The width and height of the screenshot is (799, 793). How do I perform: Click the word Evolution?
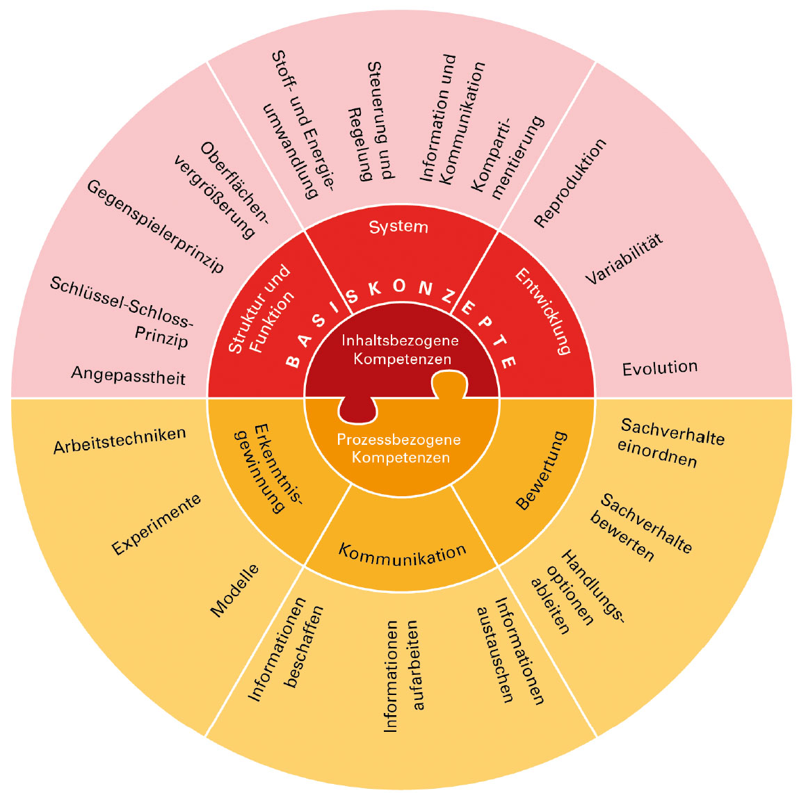pos(659,368)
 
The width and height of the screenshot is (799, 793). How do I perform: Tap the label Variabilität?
pos(624,259)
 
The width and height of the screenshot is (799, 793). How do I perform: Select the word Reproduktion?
pos(570,183)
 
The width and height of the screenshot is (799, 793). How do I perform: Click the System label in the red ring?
pos(398,227)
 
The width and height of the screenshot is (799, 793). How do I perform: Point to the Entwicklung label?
pos(543,311)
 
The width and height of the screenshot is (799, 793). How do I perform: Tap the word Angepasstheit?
pos(128,376)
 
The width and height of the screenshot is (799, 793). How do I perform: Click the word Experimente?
pos(156,525)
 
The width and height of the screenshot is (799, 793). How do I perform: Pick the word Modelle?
pos(235,590)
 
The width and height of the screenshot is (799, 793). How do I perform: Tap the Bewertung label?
pos(542,471)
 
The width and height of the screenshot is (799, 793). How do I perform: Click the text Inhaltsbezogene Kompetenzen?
pos(401,350)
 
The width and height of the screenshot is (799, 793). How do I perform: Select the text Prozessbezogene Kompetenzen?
pos(399,448)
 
